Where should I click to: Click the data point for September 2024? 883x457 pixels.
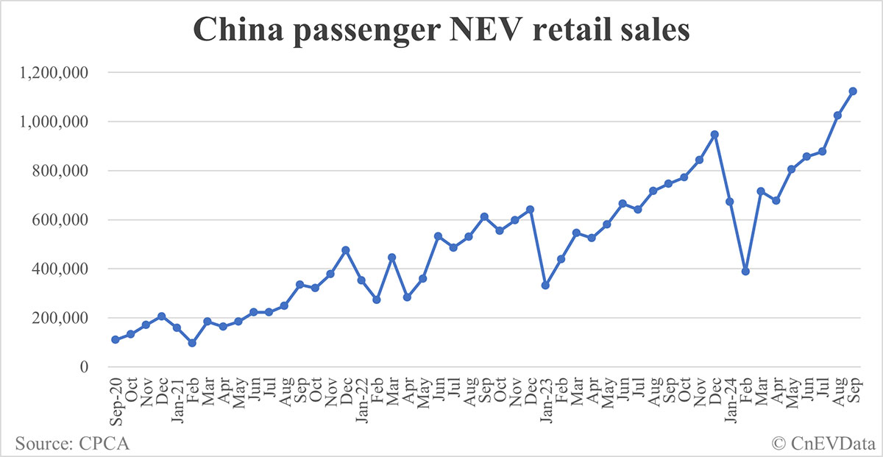[853, 91]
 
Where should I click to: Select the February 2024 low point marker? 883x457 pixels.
[745, 272]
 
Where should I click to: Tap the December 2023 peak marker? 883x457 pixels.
[714, 135]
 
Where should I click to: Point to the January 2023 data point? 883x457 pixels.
[545, 285]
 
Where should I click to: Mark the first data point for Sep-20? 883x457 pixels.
[116, 339]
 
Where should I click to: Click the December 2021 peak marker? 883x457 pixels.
[346, 250]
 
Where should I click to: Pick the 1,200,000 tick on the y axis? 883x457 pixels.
[58, 73]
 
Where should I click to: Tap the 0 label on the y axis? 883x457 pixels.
[84, 367]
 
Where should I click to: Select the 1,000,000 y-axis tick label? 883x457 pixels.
[58, 122]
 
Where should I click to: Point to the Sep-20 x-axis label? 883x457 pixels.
[116, 402]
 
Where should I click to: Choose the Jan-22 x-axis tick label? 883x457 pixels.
[361, 401]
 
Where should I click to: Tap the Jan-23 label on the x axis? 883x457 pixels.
[545, 401]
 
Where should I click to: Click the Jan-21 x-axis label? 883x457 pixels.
[177, 401]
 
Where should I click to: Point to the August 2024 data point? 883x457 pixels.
[837, 116]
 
